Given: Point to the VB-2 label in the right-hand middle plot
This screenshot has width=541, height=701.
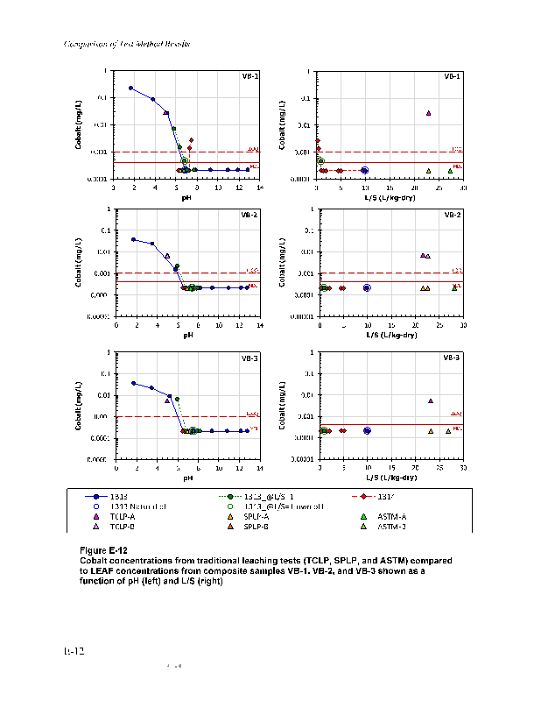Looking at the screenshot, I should pos(453,215).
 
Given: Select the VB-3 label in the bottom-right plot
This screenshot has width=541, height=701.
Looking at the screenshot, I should pos(453,358).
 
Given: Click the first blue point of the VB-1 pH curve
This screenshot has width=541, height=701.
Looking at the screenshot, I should pos(131,89).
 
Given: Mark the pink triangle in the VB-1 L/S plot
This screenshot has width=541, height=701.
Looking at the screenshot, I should pos(429,113).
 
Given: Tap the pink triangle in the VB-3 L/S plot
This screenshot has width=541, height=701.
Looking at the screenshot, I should pos(431,401).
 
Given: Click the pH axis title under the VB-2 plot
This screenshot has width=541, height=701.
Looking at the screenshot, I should pos(187,335).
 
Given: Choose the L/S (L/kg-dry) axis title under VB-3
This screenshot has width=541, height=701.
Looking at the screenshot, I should pos(390,478).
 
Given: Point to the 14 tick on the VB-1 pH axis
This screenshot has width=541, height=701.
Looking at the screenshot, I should pos(260,188).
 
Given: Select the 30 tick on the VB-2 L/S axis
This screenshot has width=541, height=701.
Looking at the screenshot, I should pos(462,326).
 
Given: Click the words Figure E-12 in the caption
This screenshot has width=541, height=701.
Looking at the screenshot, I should pos(103,549).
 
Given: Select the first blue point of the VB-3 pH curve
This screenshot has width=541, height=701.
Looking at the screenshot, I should pos(133,383).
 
